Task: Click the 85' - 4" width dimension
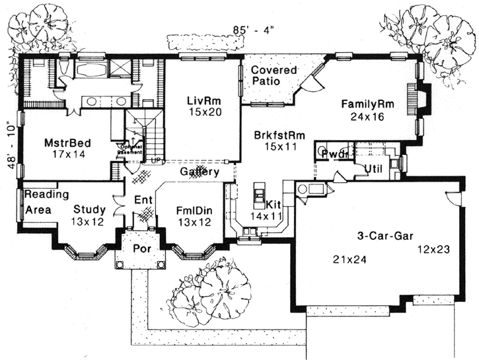point(252,30)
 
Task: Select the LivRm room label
point(203,100)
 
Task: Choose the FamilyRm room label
point(369,104)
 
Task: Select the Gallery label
point(200,172)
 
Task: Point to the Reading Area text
point(46,201)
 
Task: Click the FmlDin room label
point(192,210)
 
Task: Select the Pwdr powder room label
point(334,153)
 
